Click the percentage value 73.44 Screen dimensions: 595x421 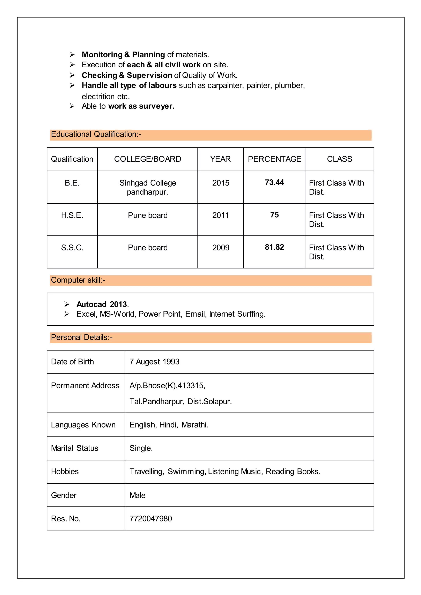click(274, 182)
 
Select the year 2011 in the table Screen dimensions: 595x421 click(221, 215)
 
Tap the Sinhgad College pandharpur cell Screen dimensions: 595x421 click(148, 187)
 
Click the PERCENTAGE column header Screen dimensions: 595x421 click(274, 159)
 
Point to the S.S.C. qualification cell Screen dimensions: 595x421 click(72, 248)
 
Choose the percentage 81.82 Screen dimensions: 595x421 click(274, 247)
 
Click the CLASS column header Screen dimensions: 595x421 click(339, 159)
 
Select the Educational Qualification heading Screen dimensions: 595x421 click(96, 134)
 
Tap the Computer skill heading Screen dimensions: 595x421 click(78, 280)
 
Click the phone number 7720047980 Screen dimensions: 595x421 click(151, 519)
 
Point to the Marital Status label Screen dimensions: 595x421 click(75, 448)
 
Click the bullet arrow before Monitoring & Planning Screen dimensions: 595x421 click(72, 55)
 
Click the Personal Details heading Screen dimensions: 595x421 click(82, 337)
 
